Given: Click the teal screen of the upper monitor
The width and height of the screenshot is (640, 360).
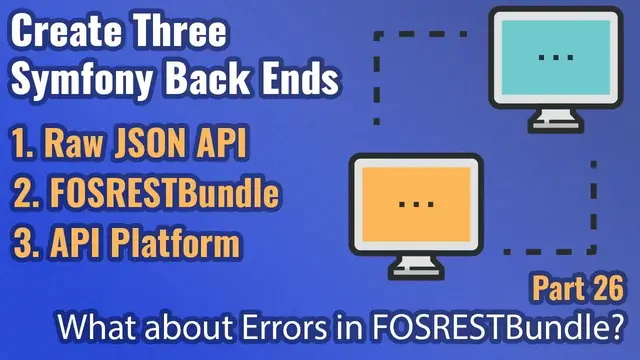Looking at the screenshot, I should (555, 56).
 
